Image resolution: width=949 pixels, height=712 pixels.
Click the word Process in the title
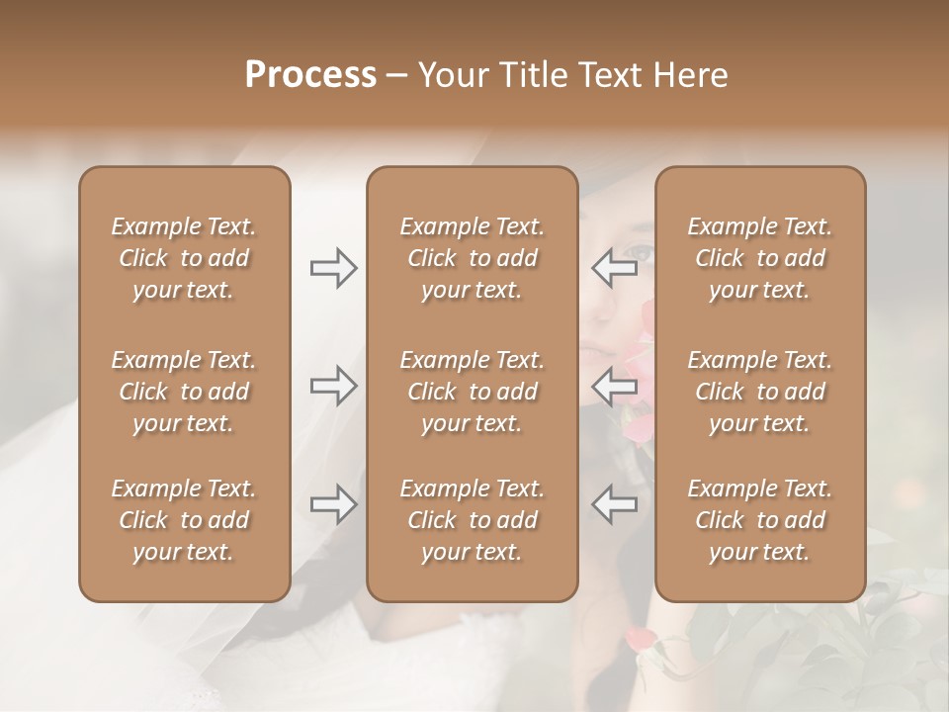pyautogui.click(x=310, y=74)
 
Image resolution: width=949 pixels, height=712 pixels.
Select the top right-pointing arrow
pyautogui.click(x=333, y=268)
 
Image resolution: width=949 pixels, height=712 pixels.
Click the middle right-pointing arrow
pyautogui.click(x=333, y=386)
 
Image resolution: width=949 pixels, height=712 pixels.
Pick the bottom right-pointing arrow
pyautogui.click(x=333, y=504)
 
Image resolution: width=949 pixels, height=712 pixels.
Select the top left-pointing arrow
pyautogui.click(x=614, y=268)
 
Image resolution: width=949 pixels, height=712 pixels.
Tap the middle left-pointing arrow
pyautogui.click(x=614, y=386)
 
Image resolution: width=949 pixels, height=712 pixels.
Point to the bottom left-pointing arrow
pyautogui.click(x=614, y=504)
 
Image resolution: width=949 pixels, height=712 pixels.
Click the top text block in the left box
pyautogui.click(x=184, y=258)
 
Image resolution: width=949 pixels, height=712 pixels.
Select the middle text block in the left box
pyautogui.click(x=184, y=392)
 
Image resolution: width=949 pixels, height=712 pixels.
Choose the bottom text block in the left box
pyautogui.click(x=184, y=520)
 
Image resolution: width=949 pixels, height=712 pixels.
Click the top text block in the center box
pyautogui.click(x=472, y=258)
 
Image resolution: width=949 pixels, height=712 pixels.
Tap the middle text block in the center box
pyautogui.click(x=472, y=392)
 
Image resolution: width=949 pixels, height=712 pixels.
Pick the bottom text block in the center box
pyautogui.click(x=472, y=520)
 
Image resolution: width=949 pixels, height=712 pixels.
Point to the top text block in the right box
pyautogui.click(x=759, y=258)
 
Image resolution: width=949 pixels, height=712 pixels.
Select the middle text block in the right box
pyautogui.click(x=759, y=392)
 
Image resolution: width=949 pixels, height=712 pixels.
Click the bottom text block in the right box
pyautogui.click(x=759, y=520)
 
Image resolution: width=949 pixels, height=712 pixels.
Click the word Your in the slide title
pyautogui.click(x=454, y=75)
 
